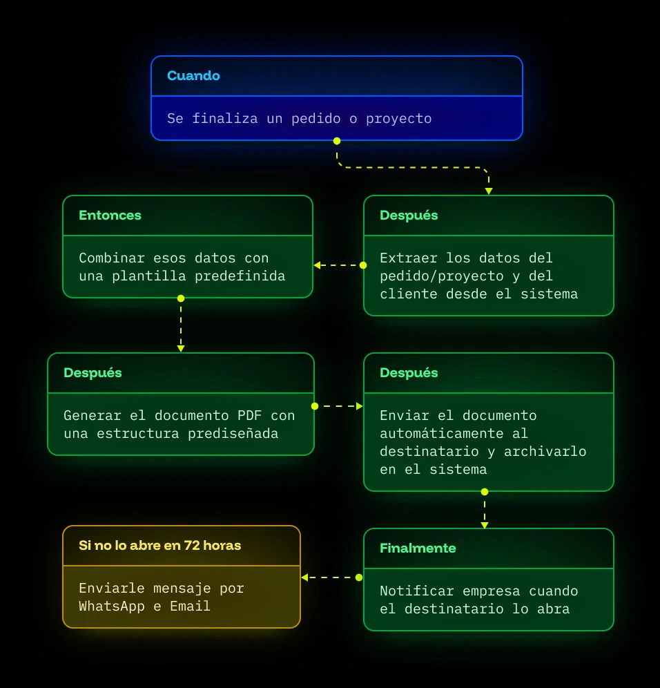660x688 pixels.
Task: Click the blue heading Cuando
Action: [193, 76]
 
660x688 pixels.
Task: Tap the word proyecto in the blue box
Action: [398, 119]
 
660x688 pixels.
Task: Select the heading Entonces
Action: [110, 216]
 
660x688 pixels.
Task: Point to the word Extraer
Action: [409, 258]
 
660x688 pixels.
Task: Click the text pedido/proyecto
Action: [442, 276]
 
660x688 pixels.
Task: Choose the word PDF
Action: [249, 416]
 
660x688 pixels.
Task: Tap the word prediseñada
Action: [233, 434]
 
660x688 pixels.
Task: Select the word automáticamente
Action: [442, 434]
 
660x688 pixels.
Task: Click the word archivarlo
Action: [545, 452]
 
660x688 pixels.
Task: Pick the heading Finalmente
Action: [418, 548]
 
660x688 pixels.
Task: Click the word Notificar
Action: [417, 591]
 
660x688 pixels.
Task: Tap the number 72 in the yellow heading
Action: [192, 546]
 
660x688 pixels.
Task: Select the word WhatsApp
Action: [112, 606]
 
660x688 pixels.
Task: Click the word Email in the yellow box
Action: [190, 606]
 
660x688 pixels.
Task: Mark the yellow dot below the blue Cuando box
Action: [337, 141]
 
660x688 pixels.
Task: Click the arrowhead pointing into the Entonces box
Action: [317, 265]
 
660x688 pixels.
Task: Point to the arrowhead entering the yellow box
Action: [304, 577]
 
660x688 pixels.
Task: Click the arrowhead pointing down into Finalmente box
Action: [485, 525]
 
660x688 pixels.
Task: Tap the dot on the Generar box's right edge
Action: [314, 406]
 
